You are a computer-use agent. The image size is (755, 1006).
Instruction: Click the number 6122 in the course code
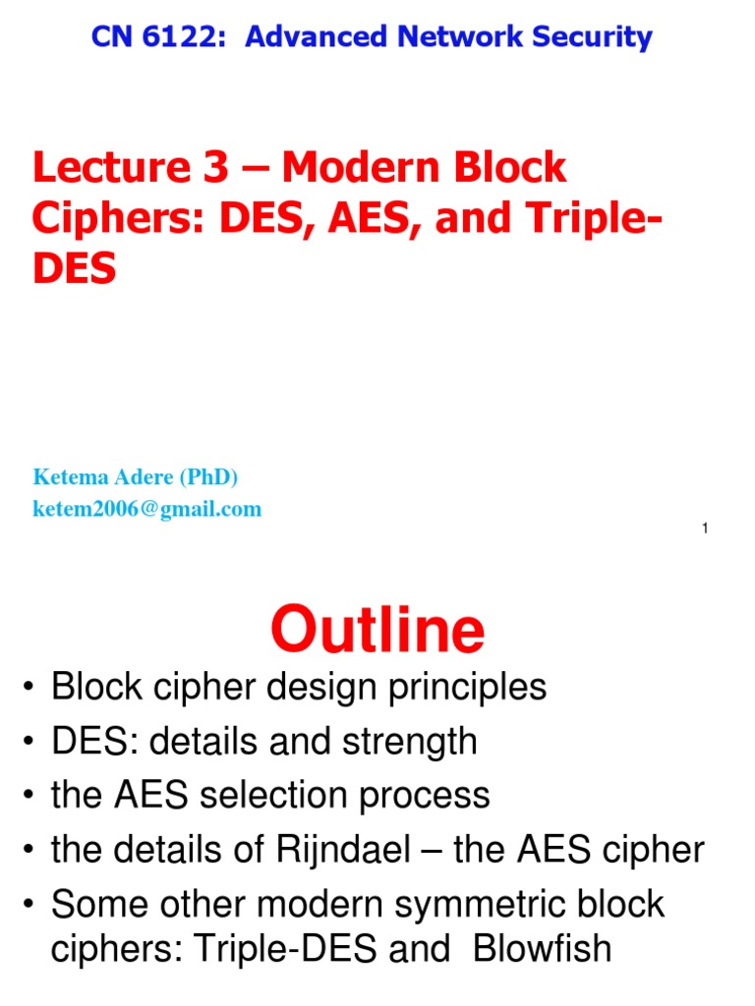click(183, 36)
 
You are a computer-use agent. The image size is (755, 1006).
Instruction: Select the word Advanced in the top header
click(316, 36)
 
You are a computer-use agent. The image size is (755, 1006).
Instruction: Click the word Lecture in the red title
click(112, 167)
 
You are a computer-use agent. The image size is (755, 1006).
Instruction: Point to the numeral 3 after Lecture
click(215, 167)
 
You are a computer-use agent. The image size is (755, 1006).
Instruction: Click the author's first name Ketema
click(71, 476)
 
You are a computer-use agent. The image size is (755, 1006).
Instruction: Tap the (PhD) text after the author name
click(208, 476)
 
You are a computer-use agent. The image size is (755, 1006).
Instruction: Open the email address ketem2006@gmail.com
click(147, 509)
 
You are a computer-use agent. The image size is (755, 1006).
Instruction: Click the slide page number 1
click(705, 528)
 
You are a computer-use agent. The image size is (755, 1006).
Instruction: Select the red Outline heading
click(377, 629)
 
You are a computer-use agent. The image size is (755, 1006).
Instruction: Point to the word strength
click(410, 743)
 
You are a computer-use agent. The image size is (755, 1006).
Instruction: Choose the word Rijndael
click(343, 851)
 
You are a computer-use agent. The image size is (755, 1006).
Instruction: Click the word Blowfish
click(542, 948)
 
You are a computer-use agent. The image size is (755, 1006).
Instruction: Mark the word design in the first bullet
click(321, 688)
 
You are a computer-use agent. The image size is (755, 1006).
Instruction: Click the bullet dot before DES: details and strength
click(28, 742)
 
